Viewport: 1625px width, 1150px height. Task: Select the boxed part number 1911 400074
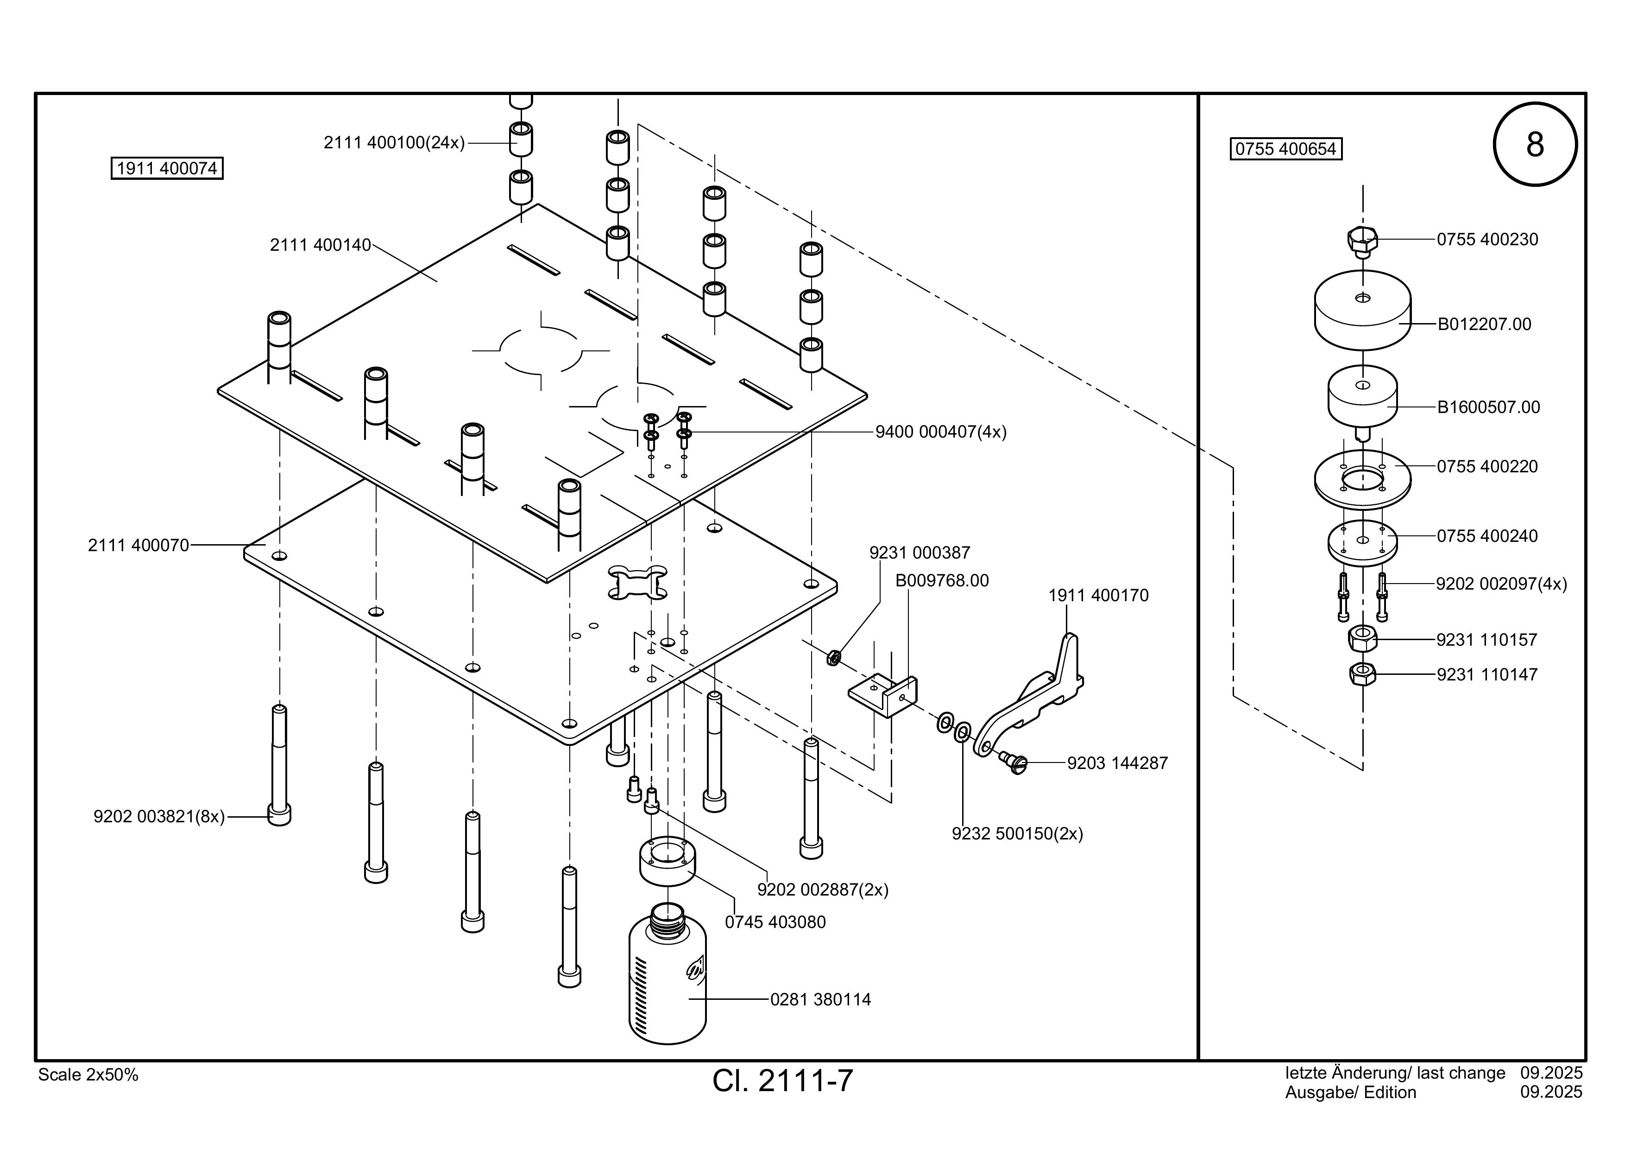(x=167, y=169)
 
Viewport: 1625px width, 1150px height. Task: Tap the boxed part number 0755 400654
(x=1286, y=149)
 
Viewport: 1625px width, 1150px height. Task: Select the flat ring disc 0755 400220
(x=1362, y=479)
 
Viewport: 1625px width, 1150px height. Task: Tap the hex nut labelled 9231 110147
(x=1362, y=674)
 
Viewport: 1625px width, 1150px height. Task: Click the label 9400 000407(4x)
(x=941, y=432)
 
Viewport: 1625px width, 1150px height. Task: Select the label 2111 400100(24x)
(x=394, y=143)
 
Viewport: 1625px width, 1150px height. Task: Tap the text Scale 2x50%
(x=88, y=1075)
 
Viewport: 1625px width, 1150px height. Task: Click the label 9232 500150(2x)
(x=1017, y=833)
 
